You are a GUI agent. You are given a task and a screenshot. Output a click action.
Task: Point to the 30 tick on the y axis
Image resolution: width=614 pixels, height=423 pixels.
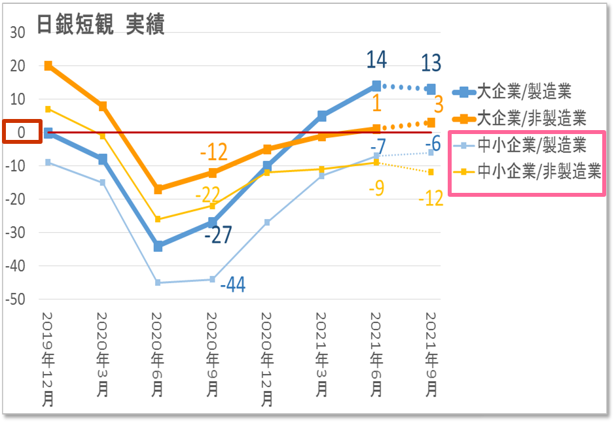18,33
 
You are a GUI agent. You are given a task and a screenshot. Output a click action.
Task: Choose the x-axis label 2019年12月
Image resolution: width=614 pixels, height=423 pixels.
48,360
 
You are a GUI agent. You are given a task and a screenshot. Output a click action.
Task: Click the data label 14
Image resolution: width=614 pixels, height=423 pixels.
376,59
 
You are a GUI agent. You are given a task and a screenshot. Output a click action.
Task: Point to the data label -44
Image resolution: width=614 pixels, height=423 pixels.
232,285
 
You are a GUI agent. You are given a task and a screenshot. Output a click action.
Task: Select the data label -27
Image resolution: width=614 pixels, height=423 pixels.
218,235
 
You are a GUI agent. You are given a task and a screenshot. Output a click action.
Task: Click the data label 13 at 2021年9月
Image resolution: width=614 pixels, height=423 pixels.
431,63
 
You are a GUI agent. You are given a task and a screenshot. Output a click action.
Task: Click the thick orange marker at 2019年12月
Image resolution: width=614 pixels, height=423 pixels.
48,65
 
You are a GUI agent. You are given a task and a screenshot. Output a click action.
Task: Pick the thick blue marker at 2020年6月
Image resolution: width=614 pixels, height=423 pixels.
158,246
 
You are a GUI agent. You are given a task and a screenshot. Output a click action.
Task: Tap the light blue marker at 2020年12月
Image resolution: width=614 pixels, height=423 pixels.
267,222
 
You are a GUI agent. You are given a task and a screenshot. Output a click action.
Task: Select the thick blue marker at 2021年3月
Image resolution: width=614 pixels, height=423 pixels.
322,116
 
